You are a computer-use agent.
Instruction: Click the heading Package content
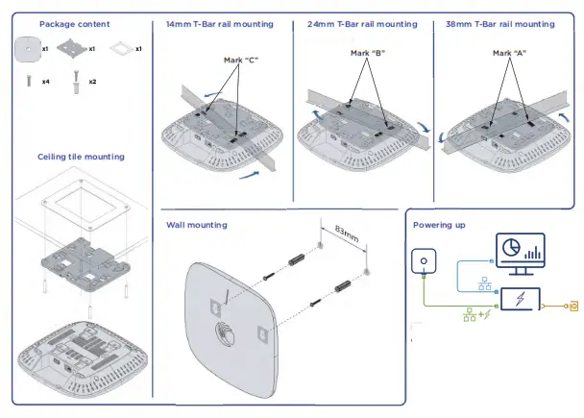coord(74,23)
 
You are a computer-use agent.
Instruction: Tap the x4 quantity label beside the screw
coord(45,82)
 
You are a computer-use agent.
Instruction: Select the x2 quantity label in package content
coord(92,82)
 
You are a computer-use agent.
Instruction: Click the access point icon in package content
coord(29,47)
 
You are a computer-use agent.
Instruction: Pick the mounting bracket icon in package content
coord(73,48)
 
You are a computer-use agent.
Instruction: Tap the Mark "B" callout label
coord(368,52)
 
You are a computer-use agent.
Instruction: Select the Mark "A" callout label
coord(509,52)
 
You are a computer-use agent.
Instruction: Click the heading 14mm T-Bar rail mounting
coord(219,23)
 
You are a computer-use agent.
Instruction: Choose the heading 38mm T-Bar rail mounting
coord(500,23)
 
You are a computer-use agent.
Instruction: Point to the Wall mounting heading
coord(197,225)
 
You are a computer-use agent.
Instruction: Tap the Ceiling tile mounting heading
coord(81,156)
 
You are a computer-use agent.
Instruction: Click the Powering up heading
coord(439,225)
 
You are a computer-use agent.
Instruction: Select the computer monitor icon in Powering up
coord(520,254)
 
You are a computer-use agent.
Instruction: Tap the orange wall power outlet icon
coord(574,307)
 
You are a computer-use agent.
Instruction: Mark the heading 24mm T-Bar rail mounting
coord(360,23)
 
